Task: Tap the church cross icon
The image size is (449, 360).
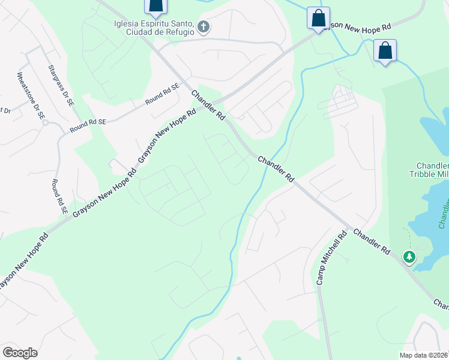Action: (203, 27)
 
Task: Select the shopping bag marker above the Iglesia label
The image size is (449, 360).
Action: (155, 6)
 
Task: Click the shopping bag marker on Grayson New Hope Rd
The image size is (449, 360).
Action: (318, 17)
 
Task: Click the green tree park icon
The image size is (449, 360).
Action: (409, 257)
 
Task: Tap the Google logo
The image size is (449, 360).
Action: (20, 353)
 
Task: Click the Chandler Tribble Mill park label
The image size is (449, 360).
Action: (432, 170)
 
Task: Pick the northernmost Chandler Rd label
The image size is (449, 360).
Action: (208, 106)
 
